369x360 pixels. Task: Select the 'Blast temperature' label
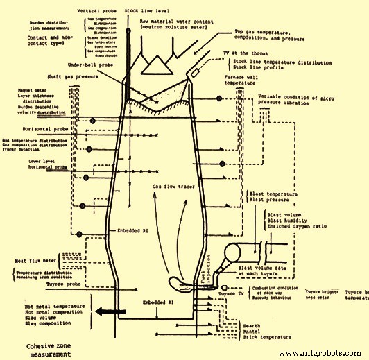tap(282, 195)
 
